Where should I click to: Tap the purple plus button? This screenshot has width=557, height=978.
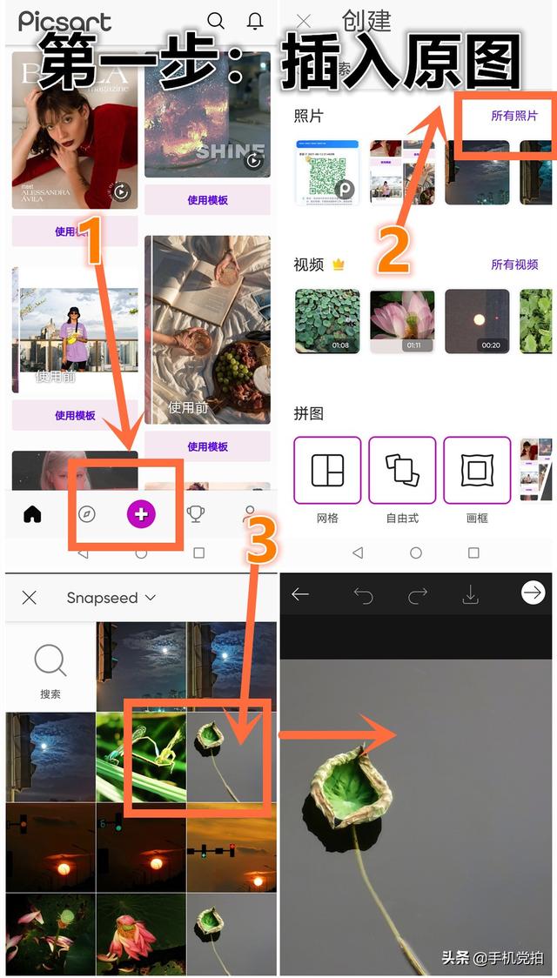click(x=141, y=514)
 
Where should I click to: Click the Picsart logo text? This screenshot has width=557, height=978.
click(x=64, y=22)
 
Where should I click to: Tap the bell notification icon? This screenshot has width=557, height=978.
click(x=255, y=21)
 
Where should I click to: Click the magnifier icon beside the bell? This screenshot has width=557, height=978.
click(x=216, y=21)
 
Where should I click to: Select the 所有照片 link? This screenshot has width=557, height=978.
click(x=514, y=116)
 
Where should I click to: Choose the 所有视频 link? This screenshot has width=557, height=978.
click(x=514, y=265)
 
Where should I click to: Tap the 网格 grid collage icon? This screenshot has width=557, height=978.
click(x=328, y=471)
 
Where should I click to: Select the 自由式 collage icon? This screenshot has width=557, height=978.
click(x=402, y=471)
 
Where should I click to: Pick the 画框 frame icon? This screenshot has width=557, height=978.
click(x=477, y=471)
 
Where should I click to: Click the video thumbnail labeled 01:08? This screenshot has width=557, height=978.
click(x=327, y=321)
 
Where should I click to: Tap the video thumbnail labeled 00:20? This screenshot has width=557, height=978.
click(x=477, y=321)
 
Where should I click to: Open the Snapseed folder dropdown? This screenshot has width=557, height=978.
click(x=111, y=598)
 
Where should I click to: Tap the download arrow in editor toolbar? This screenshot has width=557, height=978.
click(x=470, y=595)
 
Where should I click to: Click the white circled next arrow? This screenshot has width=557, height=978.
click(x=532, y=593)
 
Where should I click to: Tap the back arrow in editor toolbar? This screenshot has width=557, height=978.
click(x=300, y=595)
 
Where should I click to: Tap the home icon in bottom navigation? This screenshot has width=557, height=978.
click(x=32, y=514)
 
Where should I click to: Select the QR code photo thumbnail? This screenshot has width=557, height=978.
click(x=326, y=172)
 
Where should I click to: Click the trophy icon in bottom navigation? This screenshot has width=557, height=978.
click(x=197, y=514)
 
